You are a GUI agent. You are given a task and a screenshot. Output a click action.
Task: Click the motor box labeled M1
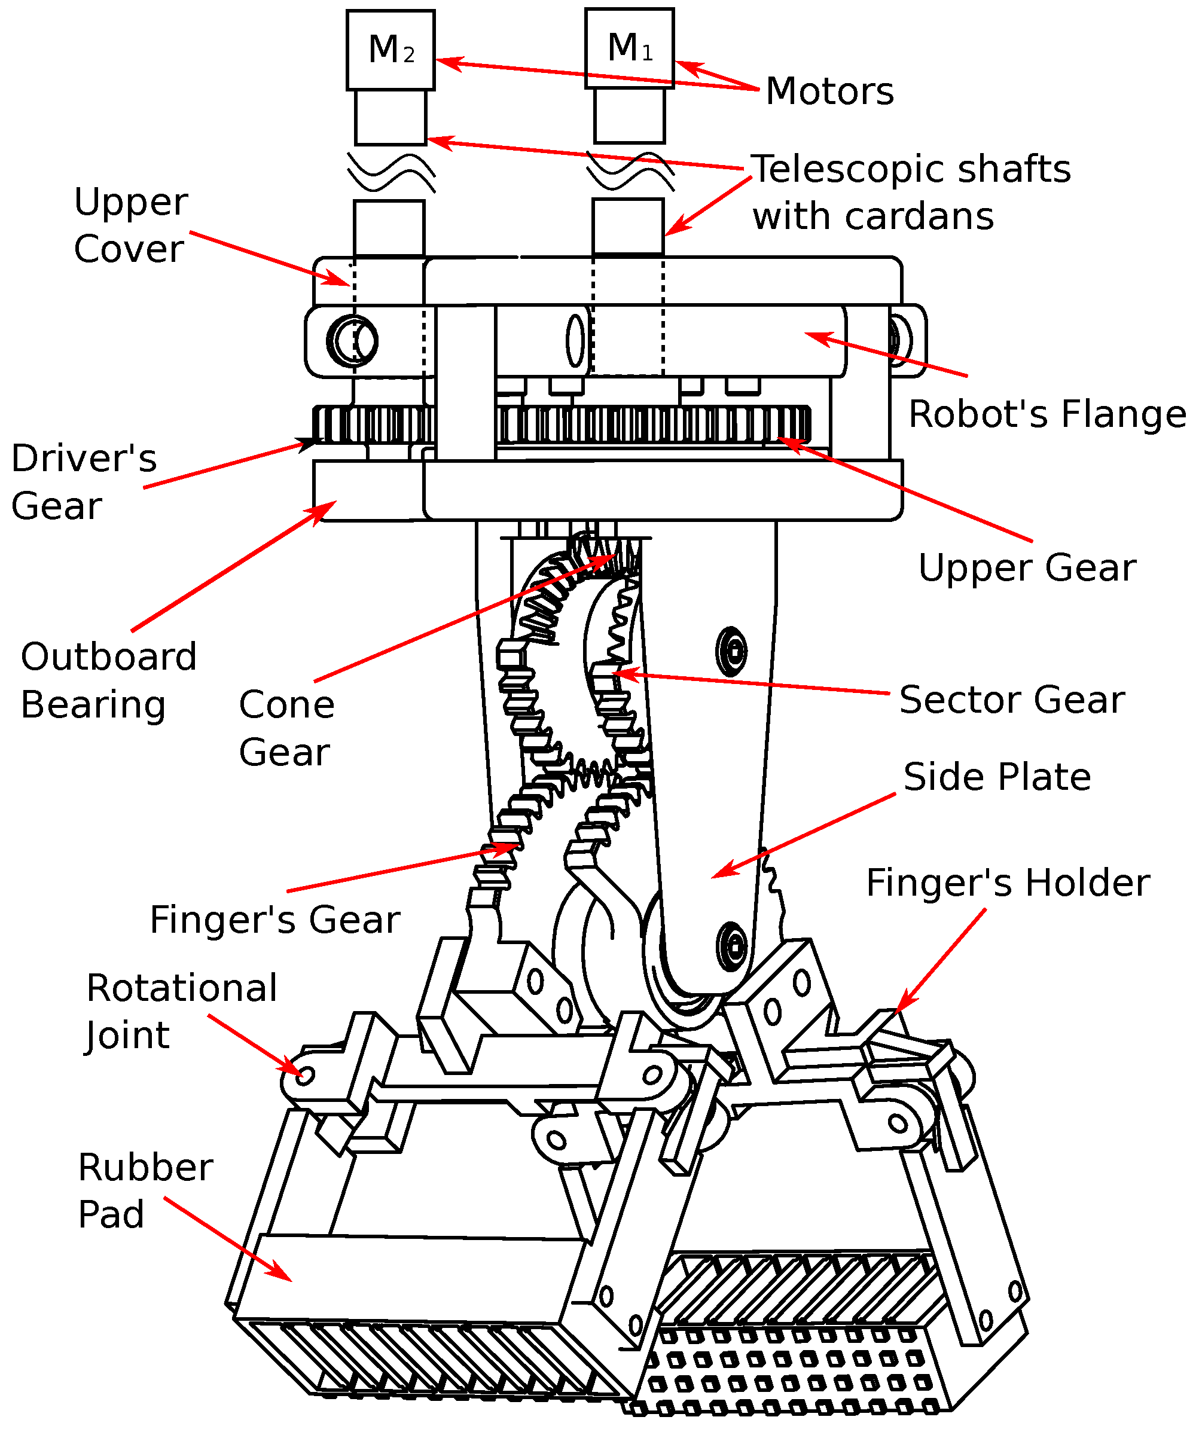coord(630,48)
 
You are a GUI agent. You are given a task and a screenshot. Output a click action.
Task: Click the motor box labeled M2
coord(390,50)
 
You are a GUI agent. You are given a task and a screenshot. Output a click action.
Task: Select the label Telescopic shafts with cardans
coord(911,193)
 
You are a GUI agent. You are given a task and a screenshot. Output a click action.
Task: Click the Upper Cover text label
coord(130,225)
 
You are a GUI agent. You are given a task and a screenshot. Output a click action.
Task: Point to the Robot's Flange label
coord(1047,414)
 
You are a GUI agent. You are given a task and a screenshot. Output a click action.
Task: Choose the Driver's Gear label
coord(84,482)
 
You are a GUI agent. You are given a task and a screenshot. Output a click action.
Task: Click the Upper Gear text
coord(1027,567)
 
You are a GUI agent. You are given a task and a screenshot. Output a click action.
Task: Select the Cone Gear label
coord(286,728)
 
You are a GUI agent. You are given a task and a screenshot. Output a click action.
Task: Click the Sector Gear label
coord(1012,700)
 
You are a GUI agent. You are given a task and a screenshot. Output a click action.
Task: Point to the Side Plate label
coord(997,777)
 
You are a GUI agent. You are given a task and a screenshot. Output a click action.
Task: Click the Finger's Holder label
coord(1008,883)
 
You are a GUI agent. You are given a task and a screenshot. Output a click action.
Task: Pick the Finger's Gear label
coord(275,920)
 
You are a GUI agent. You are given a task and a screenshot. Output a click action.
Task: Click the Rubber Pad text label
coord(145,1191)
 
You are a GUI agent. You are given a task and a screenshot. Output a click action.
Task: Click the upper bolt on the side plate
coord(731,651)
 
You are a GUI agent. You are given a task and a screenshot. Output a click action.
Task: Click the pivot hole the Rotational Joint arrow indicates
coord(305,1075)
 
